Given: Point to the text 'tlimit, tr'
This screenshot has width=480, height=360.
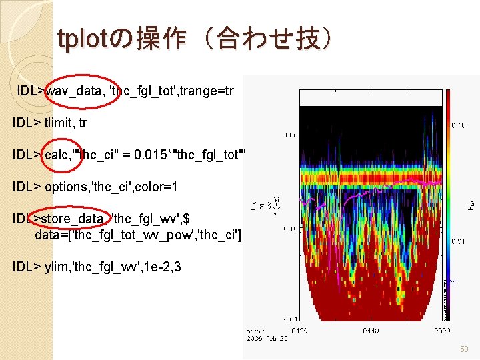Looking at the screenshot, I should (65, 123).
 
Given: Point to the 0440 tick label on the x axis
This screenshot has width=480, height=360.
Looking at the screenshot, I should (372, 330).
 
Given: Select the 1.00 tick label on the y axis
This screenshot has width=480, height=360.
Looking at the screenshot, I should (291, 135).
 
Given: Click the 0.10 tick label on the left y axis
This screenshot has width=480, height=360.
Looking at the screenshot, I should (291, 228).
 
